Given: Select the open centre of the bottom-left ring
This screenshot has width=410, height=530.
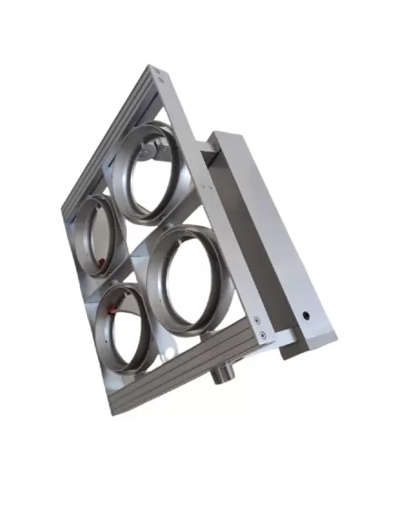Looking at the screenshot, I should pyautogui.click(x=124, y=329).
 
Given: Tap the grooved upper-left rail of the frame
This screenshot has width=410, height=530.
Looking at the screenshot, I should pyautogui.click(x=104, y=136).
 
